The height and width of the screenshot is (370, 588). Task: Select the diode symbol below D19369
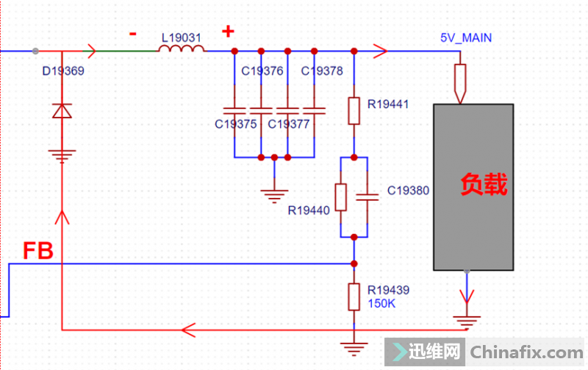click(62, 111)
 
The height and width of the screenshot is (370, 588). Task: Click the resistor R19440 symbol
click(340, 197)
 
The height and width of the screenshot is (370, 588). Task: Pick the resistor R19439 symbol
click(354, 296)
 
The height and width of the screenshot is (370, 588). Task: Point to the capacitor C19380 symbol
click(367, 196)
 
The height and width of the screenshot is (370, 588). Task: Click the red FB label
click(37, 252)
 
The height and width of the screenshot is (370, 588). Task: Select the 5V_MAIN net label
click(466, 38)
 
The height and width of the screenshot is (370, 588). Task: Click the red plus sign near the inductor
click(229, 32)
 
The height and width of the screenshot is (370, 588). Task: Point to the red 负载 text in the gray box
click(484, 185)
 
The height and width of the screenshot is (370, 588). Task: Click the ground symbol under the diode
click(62, 156)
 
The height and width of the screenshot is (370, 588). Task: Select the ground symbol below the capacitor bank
click(273, 194)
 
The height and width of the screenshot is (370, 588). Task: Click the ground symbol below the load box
click(466, 321)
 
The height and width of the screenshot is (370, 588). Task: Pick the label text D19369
click(63, 72)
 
